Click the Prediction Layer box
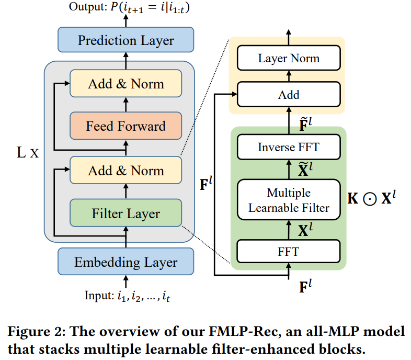pyautogui.click(x=125, y=40)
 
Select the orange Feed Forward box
pyautogui.click(x=125, y=126)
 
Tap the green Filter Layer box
pyautogui.click(x=125, y=213)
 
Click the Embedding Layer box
pyautogui.click(x=125, y=262)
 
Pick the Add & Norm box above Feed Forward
pyautogui.click(x=125, y=84)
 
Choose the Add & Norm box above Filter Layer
pyautogui.click(x=125, y=171)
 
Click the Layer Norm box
pyautogui.click(x=289, y=58)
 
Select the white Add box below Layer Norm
pyautogui.click(x=289, y=95)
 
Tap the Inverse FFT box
pyautogui.click(x=289, y=148)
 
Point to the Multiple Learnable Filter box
pyautogui.click(x=289, y=200)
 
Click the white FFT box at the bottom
pyautogui.click(x=289, y=252)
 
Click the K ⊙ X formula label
pyautogui.click(x=373, y=198)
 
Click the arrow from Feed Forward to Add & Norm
pyautogui.click(x=125, y=105)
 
